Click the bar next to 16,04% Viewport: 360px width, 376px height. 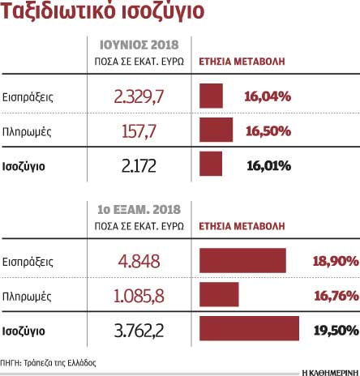click(211, 97)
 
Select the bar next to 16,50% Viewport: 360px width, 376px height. click(215, 131)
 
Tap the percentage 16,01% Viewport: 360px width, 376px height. click(268, 165)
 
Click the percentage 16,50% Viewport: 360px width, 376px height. click(268, 131)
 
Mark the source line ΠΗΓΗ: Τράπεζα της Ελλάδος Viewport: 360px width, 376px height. click(49, 364)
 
